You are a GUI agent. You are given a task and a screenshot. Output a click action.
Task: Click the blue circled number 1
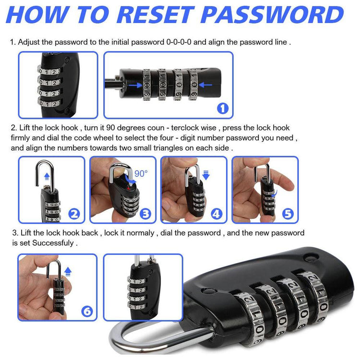point(223,108)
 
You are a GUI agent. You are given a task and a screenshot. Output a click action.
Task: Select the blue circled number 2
point(74,214)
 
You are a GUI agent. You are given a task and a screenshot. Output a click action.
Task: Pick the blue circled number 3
point(145,214)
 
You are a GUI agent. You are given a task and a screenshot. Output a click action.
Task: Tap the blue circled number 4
point(217,214)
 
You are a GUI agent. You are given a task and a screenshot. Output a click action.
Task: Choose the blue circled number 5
point(288,214)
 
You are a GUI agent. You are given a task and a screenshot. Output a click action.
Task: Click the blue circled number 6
point(87,312)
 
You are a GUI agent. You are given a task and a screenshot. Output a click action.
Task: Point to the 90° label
point(141,174)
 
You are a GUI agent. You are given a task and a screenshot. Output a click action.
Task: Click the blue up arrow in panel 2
point(47,176)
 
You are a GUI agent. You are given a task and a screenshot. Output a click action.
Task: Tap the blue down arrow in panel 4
point(206,175)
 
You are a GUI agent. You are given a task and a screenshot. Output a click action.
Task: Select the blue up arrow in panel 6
point(68,271)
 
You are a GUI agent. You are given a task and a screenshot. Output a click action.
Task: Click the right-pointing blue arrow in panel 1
point(135,85)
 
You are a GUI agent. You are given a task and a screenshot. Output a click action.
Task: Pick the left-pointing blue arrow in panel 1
point(205,85)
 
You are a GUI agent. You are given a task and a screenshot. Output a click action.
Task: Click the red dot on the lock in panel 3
point(128,189)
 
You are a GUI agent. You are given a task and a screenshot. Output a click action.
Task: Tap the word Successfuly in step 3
point(53,243)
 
